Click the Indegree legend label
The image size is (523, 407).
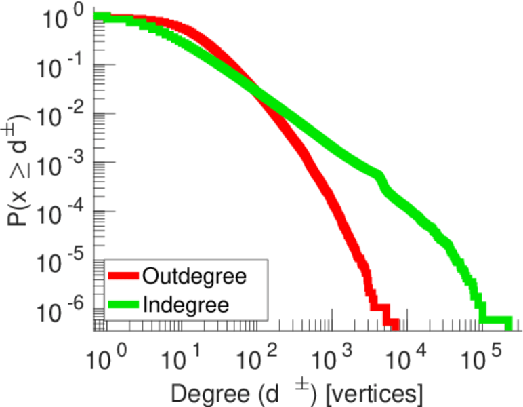coord(186,304)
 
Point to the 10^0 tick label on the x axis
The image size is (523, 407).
coord(106,353)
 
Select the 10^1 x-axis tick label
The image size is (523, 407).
coord(182,353)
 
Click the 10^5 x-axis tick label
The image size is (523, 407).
coord(489,353)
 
